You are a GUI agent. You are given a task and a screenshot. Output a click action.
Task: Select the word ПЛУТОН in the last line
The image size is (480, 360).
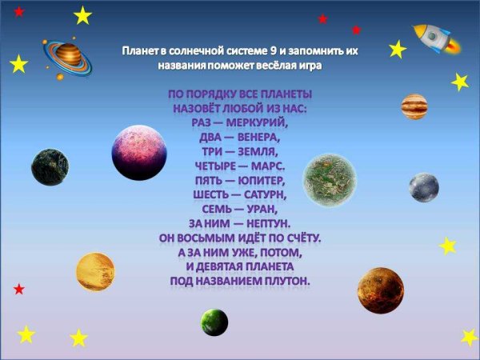[x=283, y=281]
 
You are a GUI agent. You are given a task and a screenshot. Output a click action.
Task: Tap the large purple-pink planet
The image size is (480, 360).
[x=138, y=152]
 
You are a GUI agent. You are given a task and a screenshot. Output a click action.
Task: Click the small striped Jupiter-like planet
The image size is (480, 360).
[x=414, y=105]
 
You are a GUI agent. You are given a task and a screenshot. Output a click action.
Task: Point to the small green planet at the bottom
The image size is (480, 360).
[x=214, y=322]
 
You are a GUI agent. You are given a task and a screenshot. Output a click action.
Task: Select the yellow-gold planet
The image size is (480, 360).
[x=95, y=272]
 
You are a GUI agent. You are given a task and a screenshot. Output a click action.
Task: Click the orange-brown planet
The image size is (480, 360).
[x=380, y=290]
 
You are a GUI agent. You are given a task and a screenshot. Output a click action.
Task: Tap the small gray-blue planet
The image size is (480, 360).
[x=424, y=188]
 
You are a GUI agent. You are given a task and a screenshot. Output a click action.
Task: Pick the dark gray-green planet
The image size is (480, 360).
[x=47, y=168]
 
